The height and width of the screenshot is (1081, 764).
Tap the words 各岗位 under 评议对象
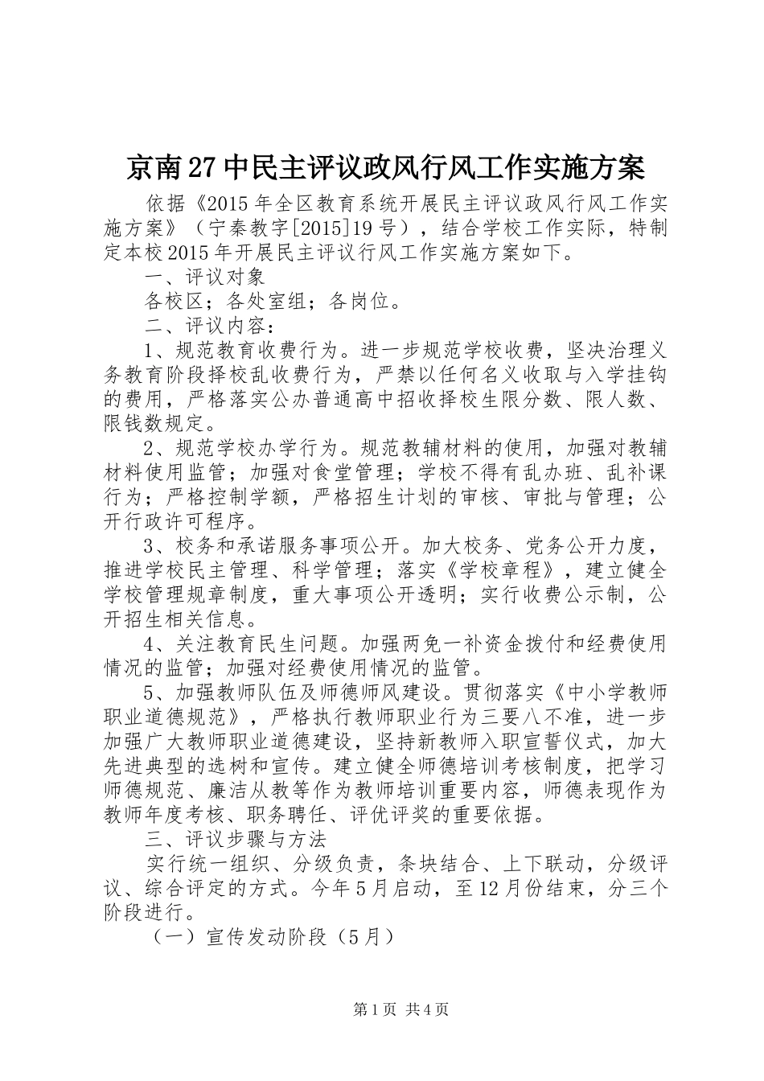(360, 302)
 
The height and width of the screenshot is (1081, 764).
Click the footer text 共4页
(428, 1009)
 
